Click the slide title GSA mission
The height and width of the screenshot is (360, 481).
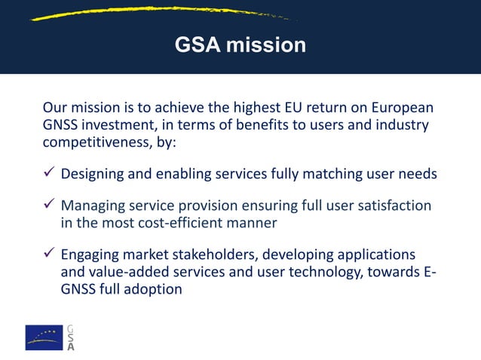coord(240,45)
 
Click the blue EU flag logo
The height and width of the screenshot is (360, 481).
coord(44,337)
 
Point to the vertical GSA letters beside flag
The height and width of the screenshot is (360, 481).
coord(71,337)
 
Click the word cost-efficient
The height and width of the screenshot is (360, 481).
coord(180,223)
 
